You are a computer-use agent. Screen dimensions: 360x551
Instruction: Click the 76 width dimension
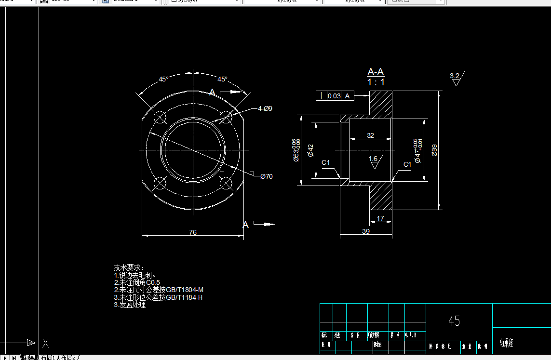pyautogui.click(x=192, y=232)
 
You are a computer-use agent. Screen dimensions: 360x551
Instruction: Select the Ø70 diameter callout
pyautogui.click(x=266, y=176)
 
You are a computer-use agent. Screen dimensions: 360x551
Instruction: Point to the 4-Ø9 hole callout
pyautogui.click(x=265, y=108)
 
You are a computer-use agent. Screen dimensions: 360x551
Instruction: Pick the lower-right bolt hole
pyautogui.click(x=225, y=183)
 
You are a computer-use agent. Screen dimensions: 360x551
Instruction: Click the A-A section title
pyautogui.click(x=376, y=72)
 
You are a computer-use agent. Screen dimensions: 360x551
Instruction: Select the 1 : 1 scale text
pyautogui.click(x=376, y=82)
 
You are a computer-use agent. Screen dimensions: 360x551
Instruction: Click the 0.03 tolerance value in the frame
pyautogui.click(x=334, y=96)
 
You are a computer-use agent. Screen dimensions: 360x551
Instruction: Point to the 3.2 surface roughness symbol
pyautogui.click(x=456, y=78)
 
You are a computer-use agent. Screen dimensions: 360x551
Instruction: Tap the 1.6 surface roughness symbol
pyautogui.click(x=373, y=161)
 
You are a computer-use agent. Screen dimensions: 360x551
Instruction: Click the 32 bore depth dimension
pyautogui.click(x=370, y=135)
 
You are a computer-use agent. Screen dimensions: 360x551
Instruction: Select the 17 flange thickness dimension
pyautogui.click(x=380, y=218)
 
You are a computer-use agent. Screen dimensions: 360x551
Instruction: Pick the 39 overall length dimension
pyautogui.click(x=365, y=231)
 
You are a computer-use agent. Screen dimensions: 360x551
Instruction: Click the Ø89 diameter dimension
pyautogui.click(x=434, y=150)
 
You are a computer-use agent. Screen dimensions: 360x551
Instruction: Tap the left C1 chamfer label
pyautogui.click(x=326, y=162)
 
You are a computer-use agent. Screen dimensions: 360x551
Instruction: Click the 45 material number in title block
pyautogui.click(x=454, y=321)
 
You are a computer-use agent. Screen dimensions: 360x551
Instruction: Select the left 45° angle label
pyautogui.click(x=163, y=79)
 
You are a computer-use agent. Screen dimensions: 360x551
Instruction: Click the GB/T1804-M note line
pyautogui.click(x=159, y=290)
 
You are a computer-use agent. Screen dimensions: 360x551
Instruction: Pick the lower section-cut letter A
pyautogui.click(x=245, y=225)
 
